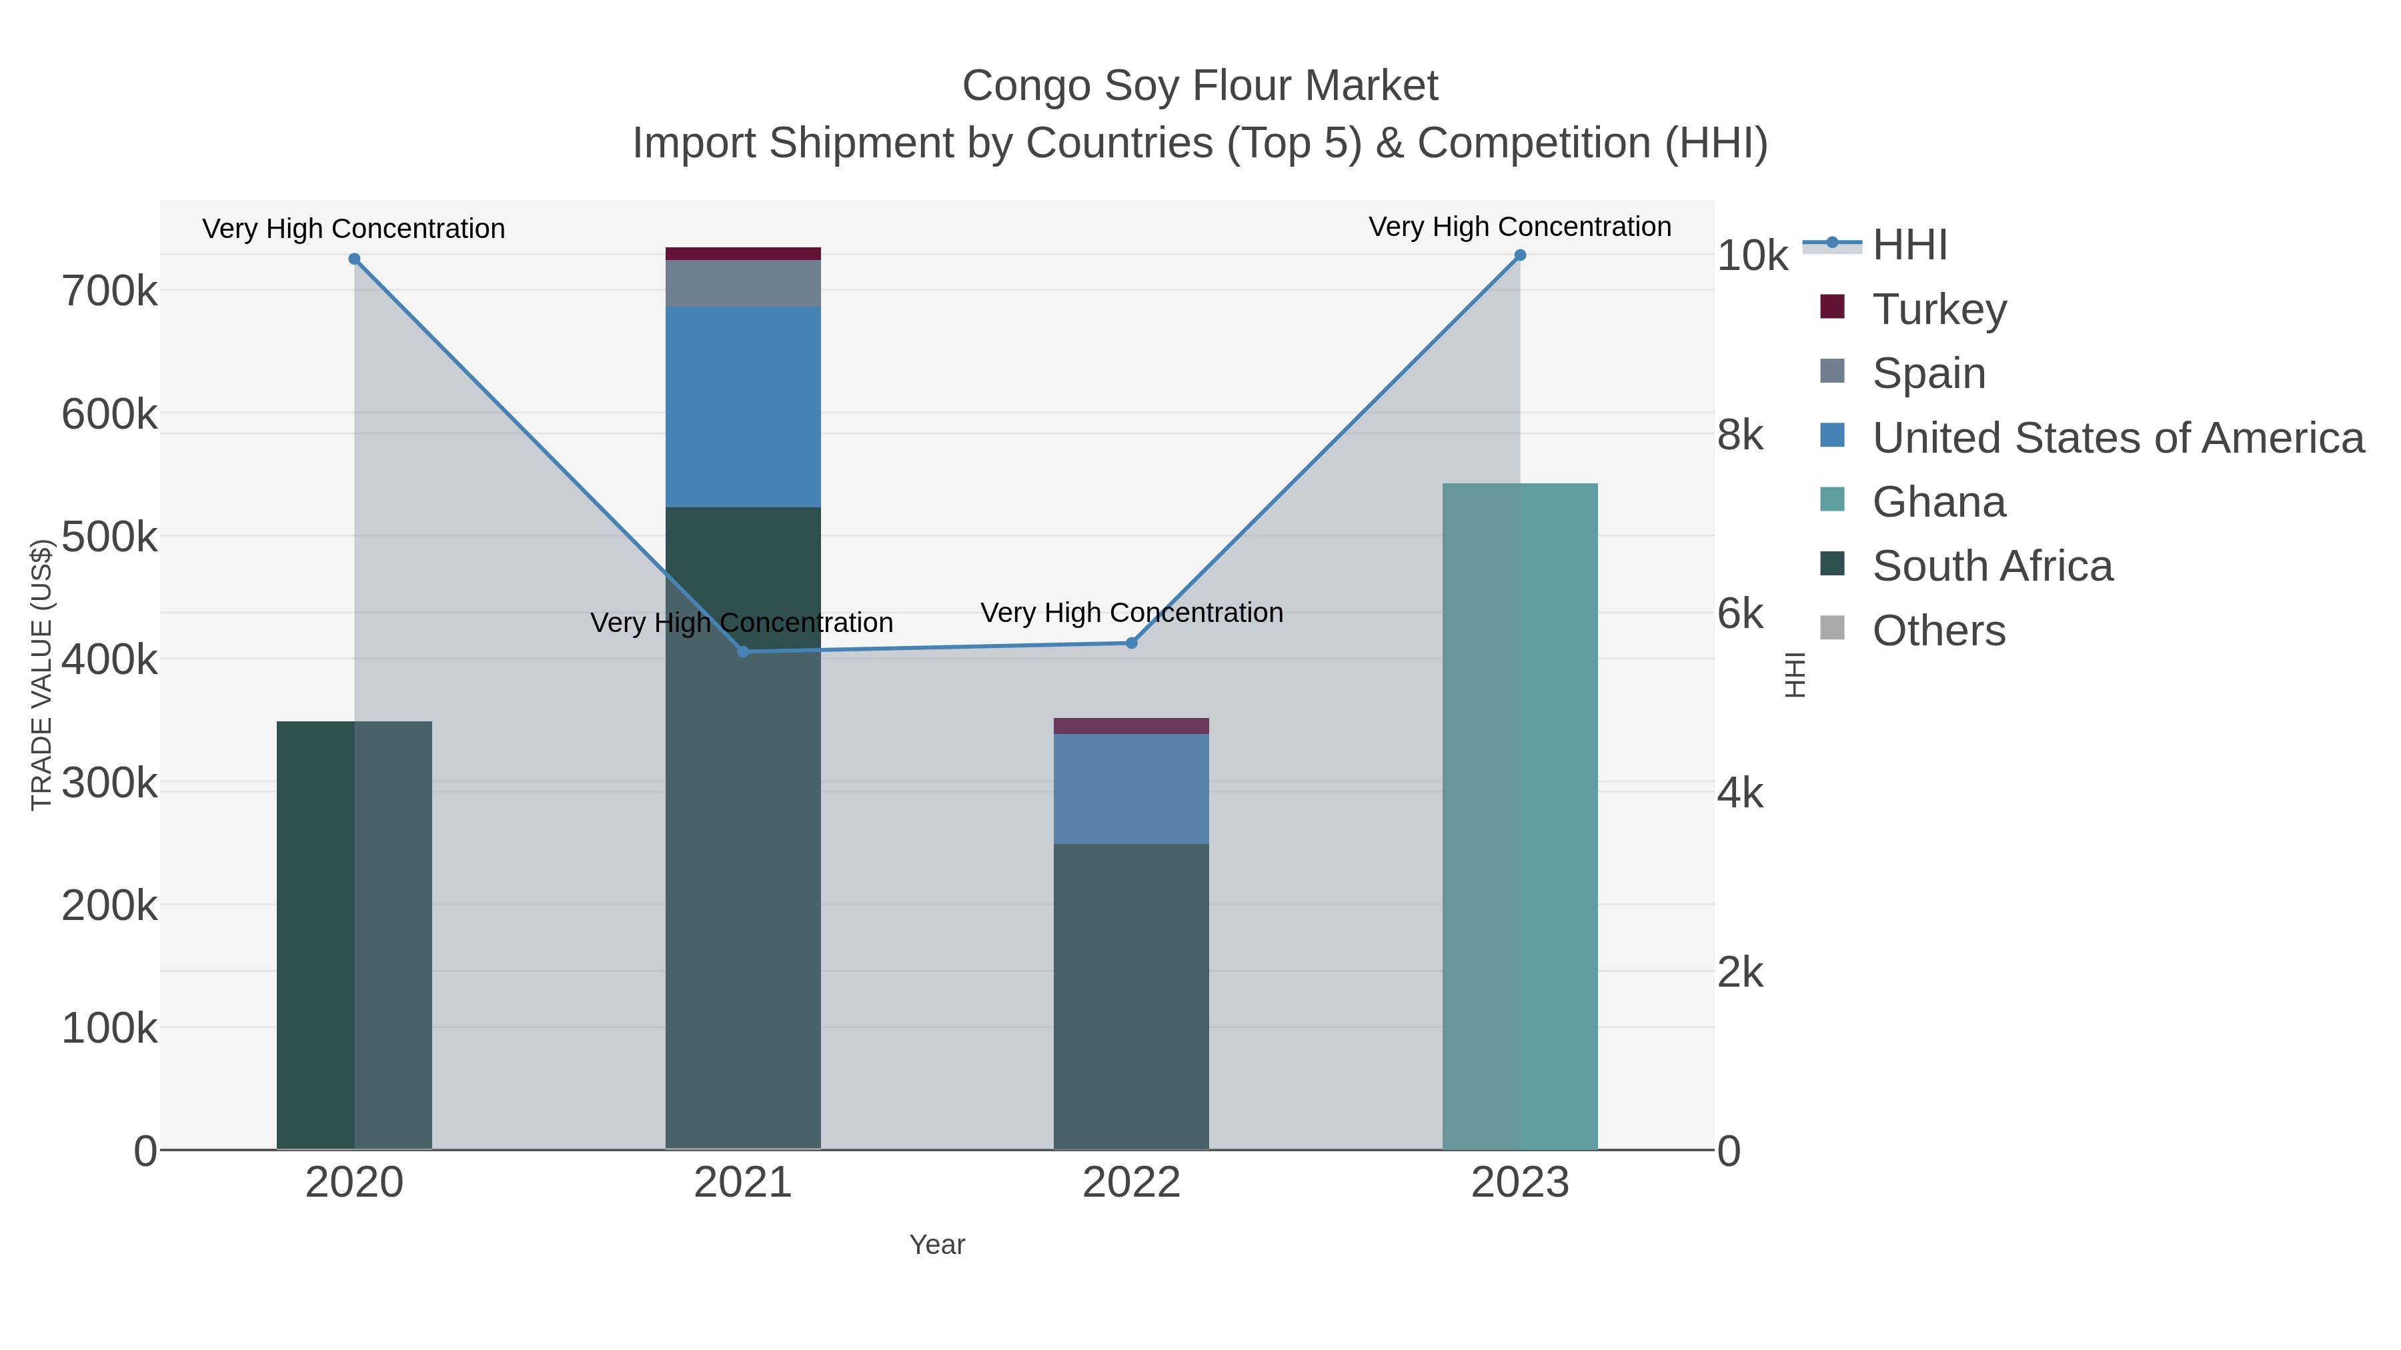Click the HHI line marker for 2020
354,259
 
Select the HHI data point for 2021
743,651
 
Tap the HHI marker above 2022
1132,643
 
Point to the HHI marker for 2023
1520,255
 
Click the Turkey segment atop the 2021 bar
743,253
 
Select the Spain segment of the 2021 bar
743,283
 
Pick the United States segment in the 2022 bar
1132,789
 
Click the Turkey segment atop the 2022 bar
1132,726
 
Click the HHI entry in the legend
1909,245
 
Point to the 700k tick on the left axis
109,291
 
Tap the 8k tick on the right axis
1740,435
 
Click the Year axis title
937,1245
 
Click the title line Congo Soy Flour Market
1200,86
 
